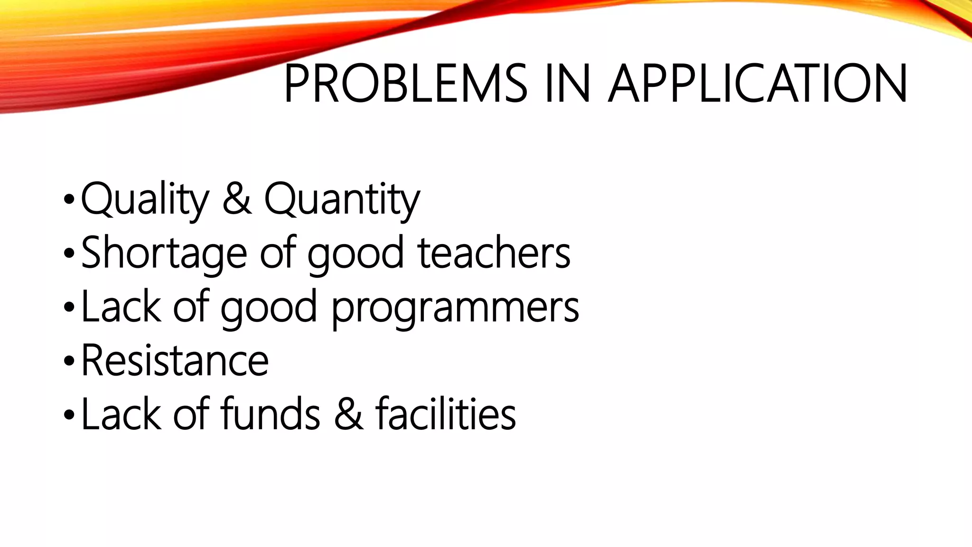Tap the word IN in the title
(x=568, y=84)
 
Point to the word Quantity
(x=342, y=199)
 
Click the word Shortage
(x=164, y=254)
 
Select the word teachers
(x=494, y=253)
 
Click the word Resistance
(x=175, y=360)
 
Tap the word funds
(x=271, y=414)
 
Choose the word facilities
(x=446, y=414)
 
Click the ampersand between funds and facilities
(x=349, y=414)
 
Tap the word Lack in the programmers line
(x=121, y=307)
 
